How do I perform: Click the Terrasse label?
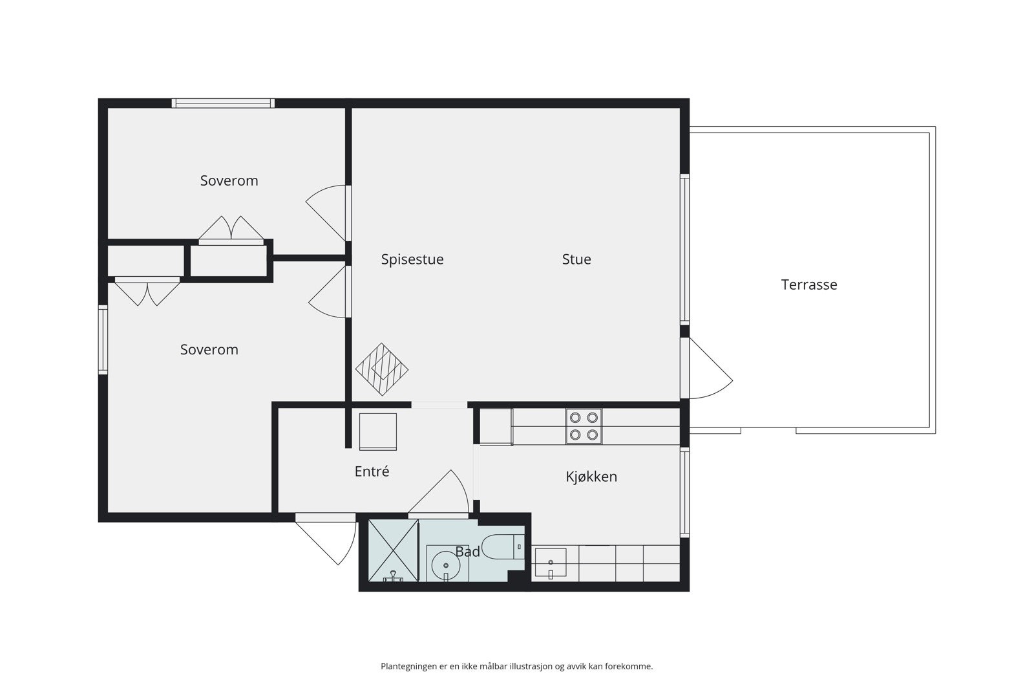point(808,285)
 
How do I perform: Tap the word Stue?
point(576,259)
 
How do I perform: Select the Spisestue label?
point(412,259)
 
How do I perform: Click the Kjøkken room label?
point(591,477)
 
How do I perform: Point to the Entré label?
point(372,471)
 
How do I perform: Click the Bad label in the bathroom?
point(467,552)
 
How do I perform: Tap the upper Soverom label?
point(229,180)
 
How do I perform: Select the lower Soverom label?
point(209,349)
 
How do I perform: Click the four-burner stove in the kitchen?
point(584,426)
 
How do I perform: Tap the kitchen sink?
point(550,563)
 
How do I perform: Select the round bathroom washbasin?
point(445,565)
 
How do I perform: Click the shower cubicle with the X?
point(392,550)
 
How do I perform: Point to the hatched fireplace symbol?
point(382,370)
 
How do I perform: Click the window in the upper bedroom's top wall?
point(223,103)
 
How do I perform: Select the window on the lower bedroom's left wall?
point(103,340)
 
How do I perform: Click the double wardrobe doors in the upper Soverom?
point(231,231)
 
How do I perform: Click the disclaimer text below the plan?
point(516,666)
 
